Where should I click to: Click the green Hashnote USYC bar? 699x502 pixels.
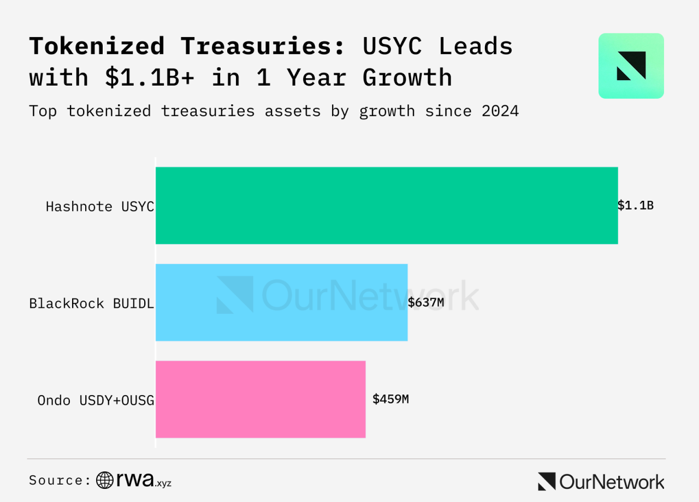point(387,205)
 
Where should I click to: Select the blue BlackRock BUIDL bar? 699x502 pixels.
point(281,302)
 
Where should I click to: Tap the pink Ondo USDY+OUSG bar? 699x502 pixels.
point(260,399)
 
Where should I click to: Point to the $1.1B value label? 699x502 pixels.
point(636,206)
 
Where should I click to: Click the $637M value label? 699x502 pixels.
point(426,302)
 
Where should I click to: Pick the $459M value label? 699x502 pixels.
point(390,399)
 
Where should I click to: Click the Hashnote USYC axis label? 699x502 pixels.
point(100,207)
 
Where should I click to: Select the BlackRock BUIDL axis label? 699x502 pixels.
point(91,303)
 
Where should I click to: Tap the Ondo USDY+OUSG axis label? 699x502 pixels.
point(96,401)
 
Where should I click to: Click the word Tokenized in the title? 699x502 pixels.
point(97,46)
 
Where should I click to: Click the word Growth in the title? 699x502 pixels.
point(407,77)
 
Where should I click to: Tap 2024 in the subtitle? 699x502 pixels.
point(500,111)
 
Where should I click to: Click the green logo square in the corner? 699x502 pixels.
point(631,66)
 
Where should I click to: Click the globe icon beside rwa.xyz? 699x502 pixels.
point(105,480)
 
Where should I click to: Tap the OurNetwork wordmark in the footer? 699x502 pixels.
point(612,481)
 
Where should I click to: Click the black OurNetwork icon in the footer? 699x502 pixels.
point(546,481)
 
